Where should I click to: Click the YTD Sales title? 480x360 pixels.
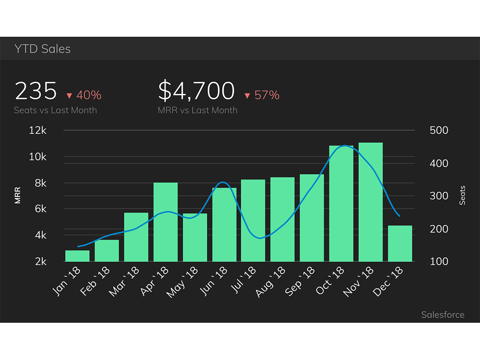point(42,49)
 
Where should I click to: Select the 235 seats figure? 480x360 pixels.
point(36,91)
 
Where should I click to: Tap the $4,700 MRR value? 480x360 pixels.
point(196,91)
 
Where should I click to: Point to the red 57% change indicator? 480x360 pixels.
point(262,95)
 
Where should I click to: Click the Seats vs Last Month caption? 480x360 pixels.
point(55,110)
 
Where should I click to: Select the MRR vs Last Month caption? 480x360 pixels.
point(198,110)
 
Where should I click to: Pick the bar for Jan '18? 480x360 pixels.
point(77,256)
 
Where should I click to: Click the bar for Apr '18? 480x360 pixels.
point(166,222)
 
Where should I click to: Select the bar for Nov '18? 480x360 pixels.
point(370,202)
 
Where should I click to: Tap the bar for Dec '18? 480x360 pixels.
point(400,244)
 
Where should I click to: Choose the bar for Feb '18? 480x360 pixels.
point(107,251)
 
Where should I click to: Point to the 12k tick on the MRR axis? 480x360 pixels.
point(38,130)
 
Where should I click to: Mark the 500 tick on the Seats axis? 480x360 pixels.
point(439,130)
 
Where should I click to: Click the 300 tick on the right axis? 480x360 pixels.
point(439,196)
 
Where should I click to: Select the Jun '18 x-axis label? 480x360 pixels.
point(214,281)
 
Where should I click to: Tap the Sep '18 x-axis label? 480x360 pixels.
point(300,282)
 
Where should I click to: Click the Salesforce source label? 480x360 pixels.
point(443,315)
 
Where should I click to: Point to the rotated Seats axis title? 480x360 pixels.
point(462,196)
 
